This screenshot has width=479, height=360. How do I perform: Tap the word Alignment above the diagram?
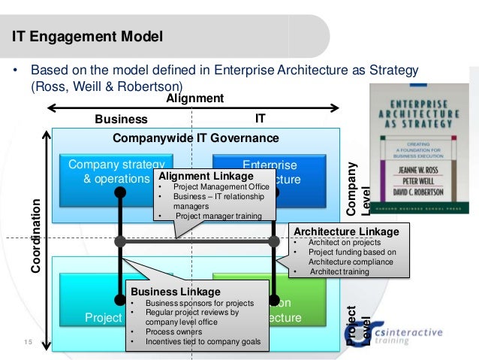pyautogui.click(x=195, y=98)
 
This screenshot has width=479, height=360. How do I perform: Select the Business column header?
pyautogui.click(x=121, y=119)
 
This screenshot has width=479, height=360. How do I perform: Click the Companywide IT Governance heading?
pyautogui.click(x=195, y=138)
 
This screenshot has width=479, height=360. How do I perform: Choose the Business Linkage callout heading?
pyautogui.click(x=176, y=292)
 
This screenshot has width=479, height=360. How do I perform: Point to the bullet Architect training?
pyautogui.click(x=338, y=271)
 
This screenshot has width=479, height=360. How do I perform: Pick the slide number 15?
pyautogui.click(x=28, y=343)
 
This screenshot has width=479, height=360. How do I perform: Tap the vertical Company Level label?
pyautogui.click(x=360, y=187)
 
